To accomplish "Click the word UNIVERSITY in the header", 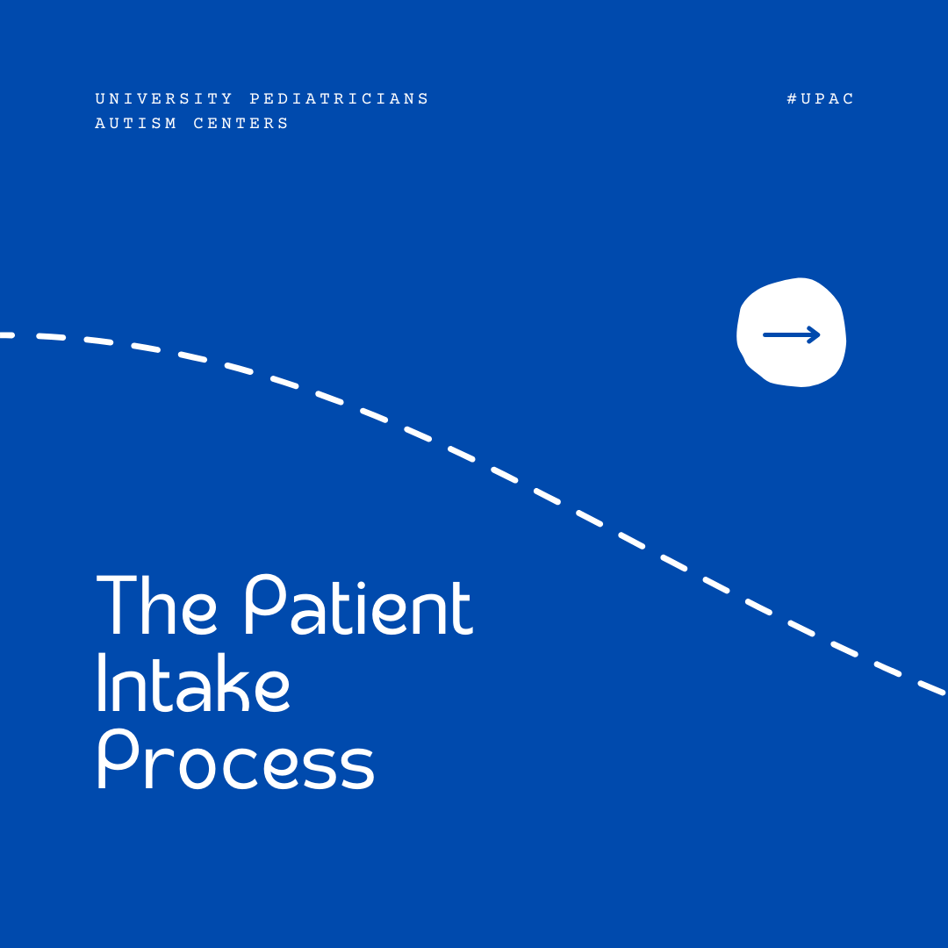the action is coord(164,98).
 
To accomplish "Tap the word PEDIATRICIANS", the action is coord(339,98).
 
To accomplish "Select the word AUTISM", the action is coord(136,124).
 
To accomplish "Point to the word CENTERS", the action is coord(241,124).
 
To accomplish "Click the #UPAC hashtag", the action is coord(821,98).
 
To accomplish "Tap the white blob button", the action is coord(791,333).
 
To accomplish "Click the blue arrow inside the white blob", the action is coord(792,334).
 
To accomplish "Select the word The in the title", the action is coord(156,605).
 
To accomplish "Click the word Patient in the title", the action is coord(358,604).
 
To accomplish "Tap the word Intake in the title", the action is coord(193,682).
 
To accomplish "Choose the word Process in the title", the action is coord(236,758).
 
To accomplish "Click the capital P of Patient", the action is coord(267,604).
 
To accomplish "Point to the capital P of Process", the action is coord(118,758).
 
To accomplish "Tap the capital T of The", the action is coord(117,605).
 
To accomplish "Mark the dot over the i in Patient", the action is coord(361,585).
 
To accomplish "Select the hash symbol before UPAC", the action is coord(792,98).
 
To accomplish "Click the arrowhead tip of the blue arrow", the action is coord(820,334).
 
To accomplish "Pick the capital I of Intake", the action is coord(102,682).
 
